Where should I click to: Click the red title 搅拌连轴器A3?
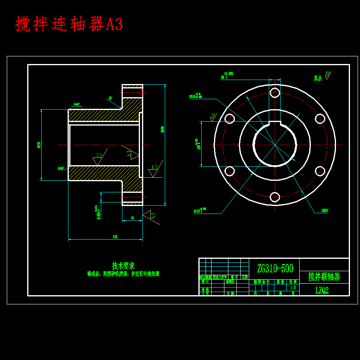(69, 24)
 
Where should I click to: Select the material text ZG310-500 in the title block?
(275, 268)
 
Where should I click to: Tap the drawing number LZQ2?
(322, 290)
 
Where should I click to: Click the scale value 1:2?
(292, 287)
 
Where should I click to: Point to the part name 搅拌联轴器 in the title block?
(324, 277)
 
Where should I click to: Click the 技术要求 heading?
(123, 266)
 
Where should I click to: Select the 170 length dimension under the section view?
(115, 237)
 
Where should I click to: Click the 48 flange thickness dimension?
(132, 218)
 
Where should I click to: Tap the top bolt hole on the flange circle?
(275, 93)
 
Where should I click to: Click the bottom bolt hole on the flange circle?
(275, 197)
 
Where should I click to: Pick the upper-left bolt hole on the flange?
(230, 119)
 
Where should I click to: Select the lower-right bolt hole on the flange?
(320, 171)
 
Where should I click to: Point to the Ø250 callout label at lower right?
(325, 210)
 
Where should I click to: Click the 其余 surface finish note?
(318, 78)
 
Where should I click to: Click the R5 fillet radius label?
(110, 98)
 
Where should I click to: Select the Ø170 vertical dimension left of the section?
(39, 145)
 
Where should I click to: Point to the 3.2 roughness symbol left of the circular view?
(213, 117)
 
